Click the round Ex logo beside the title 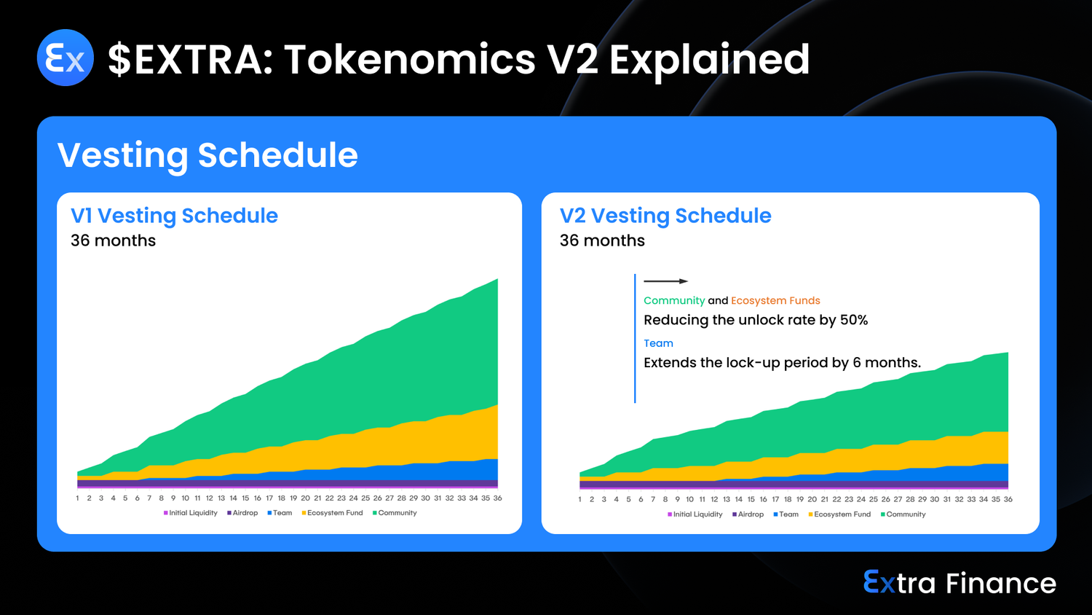point(66,58)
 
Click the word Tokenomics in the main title point(409,60)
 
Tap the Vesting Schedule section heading point(207,155)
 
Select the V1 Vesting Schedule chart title point(174,216)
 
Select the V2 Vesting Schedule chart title point(665,216)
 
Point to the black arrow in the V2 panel point(666,281)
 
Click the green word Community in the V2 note point(674,301)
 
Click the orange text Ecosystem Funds point(775,301)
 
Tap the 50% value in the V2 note point(854,320)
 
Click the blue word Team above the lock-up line point(659,343)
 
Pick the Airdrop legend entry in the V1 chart point(242,513)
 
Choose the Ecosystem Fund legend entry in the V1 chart point(333,513)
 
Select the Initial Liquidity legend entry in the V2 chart point(695,514)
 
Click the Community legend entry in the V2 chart point(903,514)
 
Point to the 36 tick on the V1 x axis point(497,498)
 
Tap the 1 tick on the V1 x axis point(77,498)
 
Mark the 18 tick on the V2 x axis point(788,499)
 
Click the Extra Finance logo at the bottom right point(960,583)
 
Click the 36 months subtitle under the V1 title point(113,240)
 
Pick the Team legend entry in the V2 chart point(786,514)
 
